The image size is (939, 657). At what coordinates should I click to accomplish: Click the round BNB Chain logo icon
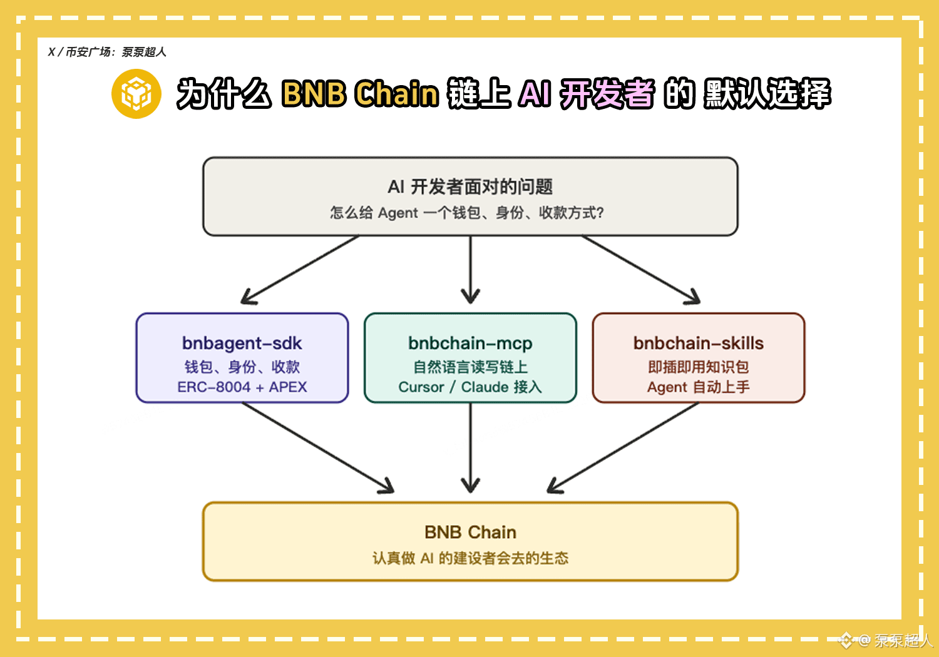point(136,94)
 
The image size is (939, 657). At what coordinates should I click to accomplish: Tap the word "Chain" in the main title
point(396,93)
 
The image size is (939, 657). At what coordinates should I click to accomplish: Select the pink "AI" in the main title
point(534,93)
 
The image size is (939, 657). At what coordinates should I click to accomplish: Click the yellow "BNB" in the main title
point(314,93)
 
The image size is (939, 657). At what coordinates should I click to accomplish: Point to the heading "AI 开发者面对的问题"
point(470,187)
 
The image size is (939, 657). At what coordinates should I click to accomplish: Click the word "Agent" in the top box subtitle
point(398,213)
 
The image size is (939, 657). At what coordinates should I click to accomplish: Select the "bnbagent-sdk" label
point(242,343)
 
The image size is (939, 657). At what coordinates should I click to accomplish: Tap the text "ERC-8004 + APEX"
point(242,387)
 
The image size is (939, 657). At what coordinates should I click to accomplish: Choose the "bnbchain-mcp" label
point(470,343)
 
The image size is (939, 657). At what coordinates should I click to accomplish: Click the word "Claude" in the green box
point(485,387)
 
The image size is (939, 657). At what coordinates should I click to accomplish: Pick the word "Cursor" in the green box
point(421,387)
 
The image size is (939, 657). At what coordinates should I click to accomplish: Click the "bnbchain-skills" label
point(699,343)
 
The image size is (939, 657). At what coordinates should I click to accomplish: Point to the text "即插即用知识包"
point(699,367)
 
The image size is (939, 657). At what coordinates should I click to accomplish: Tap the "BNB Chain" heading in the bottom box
point(470,532)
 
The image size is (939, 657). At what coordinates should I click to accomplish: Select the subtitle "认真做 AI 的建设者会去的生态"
point(470,558)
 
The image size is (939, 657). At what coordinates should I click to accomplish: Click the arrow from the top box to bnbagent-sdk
point(300,270)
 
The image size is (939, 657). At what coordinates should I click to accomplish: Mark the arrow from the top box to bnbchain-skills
point(641,270)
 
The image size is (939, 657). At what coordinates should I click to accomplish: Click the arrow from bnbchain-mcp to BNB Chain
point(470,447)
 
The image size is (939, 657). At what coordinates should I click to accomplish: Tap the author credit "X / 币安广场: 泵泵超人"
point(107,52)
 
